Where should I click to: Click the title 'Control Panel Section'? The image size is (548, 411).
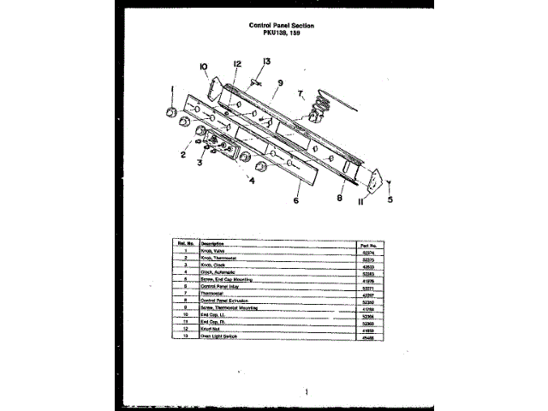point(281,26)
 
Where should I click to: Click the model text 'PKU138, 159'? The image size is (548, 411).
point(281,33)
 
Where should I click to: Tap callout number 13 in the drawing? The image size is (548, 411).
point(266,62)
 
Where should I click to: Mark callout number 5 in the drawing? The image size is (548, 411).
point(390,202)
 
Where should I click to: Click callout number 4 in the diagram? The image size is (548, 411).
point(252,181)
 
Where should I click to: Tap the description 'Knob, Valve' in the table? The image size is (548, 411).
point(213,251)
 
